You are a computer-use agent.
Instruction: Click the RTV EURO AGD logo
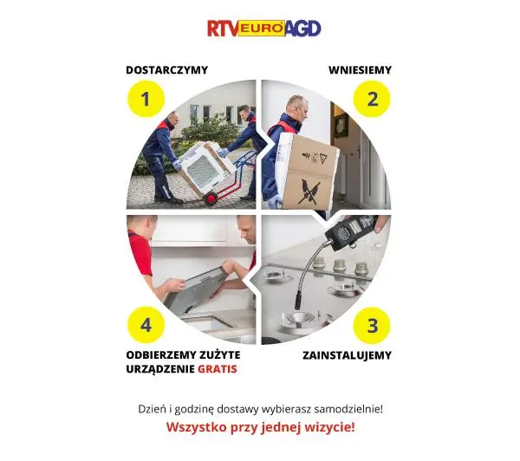pyautogui.click(x=264, y=29)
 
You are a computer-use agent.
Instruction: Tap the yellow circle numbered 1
pyautogui.click(x=146, y=99)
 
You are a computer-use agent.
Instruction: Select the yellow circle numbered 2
pyautogui.click(x=372, y=99)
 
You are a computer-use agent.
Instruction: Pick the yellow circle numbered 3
pyautogui.click(x=372, y=325)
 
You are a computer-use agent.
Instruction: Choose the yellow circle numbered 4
pyautogui.click(x=146, y=325)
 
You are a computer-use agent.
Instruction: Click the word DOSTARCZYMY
pyautogui.click(x=166, y=70)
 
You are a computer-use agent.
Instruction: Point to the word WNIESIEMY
pyautogui.click(x=361, y=70)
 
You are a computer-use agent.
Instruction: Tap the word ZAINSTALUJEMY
pyautogui.click(x=347, y=355)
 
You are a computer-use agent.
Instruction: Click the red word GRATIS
pyautogui.click(x=218, y=369)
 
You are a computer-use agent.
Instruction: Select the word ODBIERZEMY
pyautogui.click(x=160, y=355)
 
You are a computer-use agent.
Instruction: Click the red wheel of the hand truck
pyautogui.click(x=211, y=198)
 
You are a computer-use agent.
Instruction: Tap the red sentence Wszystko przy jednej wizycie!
pyautogui.click(x=260, y=427)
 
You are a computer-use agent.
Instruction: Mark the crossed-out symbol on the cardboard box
pyautogui.click(x=309, y=192)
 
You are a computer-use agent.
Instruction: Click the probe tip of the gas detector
pyautogui.click(x=297, y=303)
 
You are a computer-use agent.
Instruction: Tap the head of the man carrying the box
pyautogui.click(x=296, y=107)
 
